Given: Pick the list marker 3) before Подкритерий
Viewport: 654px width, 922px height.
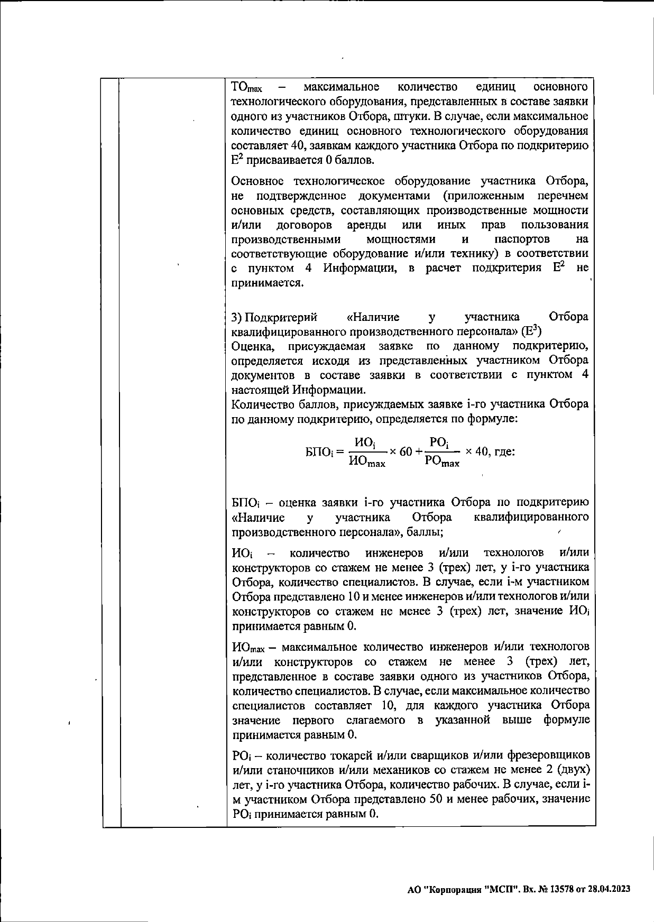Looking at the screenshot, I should (237, 317).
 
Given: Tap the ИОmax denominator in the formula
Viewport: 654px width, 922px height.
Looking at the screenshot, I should (367, 462).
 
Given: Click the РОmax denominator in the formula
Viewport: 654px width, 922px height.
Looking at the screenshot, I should (442, 462).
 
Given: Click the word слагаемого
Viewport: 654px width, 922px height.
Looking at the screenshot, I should (376, 720).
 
